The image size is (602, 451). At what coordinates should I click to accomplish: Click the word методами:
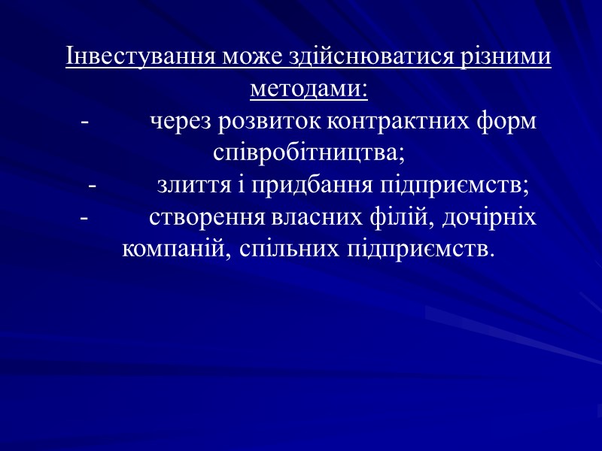tap(309, 90)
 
